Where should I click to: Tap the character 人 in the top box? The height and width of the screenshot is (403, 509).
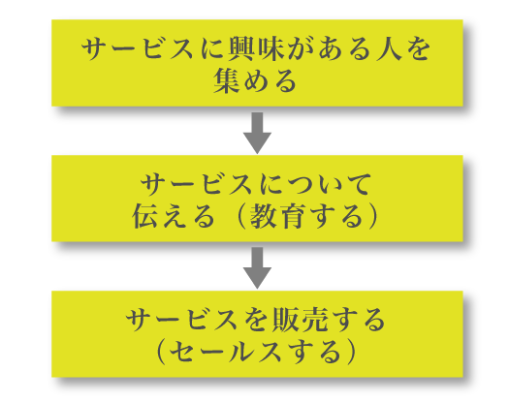[x=388, y=49]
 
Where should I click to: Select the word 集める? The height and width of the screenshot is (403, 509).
[x=255, y=80]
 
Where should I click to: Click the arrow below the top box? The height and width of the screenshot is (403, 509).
[x=258, y=133]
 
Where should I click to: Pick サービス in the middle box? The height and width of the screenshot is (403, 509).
[x=197, y=184]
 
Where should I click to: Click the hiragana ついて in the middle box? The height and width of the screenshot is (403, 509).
[x=329, y=184]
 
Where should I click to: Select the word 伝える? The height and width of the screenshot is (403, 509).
[x=174, y=216]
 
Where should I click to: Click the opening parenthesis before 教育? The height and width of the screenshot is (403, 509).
[x=240, y=216]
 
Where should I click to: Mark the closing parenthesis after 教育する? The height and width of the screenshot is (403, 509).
[x=374, y=216]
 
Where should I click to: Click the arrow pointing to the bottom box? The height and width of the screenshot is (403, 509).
[x=258, y=268]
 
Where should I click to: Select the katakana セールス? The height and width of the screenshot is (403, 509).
[x=225, y=352]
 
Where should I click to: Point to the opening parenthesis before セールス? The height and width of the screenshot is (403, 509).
[x=160, y=352]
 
